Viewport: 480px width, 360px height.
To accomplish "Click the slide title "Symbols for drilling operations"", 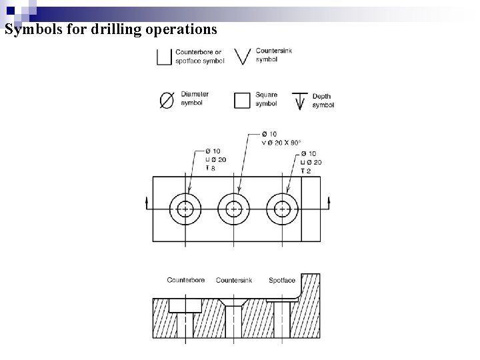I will tap(111, 30).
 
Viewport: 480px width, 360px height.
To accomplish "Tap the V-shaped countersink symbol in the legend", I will tap(243, 57).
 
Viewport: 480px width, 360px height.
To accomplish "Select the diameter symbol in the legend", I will tap(167, 100).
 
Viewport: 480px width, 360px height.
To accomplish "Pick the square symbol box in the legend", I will tap(242, 100).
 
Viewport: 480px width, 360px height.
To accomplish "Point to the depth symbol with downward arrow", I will tap(300, 101).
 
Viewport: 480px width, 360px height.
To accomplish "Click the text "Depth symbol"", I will tap(323, 101).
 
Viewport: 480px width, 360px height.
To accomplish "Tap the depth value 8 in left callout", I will tap(213, 169).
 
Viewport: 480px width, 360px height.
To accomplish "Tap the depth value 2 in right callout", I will tap(308, 171).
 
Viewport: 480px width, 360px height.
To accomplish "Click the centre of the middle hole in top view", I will tap(233, 209).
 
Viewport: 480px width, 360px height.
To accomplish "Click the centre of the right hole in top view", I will tap(283, 209).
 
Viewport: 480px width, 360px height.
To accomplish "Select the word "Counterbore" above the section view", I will tap(186, 281).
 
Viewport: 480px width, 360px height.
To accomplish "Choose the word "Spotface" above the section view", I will tap(281, 281).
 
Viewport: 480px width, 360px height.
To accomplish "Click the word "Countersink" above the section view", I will tap(234, 281).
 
